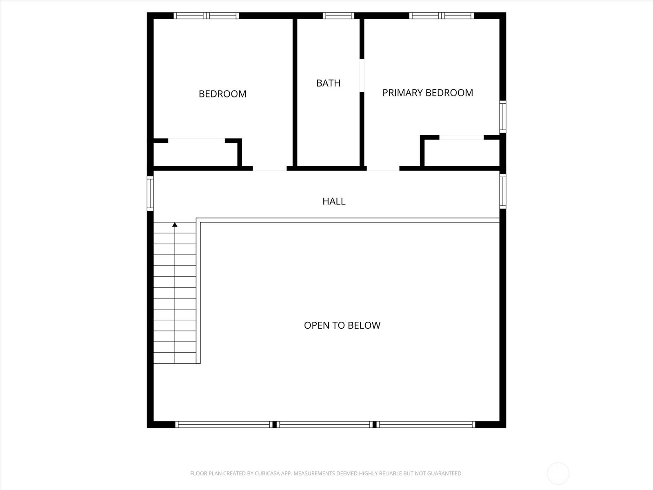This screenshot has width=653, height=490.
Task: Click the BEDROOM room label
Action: pos(222,94)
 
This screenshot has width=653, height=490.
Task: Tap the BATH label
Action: pos(329,83)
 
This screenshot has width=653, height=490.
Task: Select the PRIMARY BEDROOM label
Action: pos(427,93)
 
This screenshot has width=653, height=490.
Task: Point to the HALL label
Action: pos(334,201)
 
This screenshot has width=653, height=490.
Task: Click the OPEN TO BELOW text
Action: pos(342,325)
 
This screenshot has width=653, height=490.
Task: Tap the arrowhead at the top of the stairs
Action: pos(175,225)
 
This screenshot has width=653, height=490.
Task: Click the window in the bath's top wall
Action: pos(339,16)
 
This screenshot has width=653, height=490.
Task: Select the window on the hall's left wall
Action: pos(150,194)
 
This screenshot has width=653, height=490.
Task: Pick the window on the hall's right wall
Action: pos(502,191)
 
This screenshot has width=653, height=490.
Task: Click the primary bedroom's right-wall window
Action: pos(502,117)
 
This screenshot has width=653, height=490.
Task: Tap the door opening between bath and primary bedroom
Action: pos(362,75)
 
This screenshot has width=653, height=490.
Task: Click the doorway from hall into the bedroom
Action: pos(269,169)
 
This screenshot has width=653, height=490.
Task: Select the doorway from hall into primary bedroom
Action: pos(383,169)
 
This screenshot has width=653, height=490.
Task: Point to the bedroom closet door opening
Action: pos(196,140)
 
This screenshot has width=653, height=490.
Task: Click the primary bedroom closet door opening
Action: pos(462,137)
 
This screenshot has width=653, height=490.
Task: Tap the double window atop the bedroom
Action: pos(206,16)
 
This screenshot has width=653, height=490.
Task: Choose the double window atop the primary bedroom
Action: pos(442,16)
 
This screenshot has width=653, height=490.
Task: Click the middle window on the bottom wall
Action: pos(325,425)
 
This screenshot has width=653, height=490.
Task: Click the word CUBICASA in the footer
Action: pos(266,473)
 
